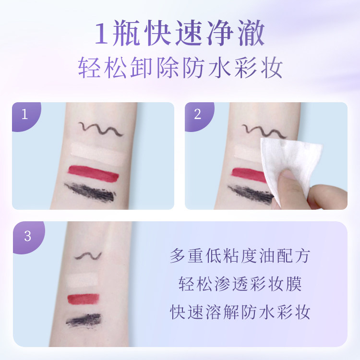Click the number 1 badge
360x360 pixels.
pos(24,114)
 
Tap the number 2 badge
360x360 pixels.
pos(197,114)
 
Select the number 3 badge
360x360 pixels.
pos(27,236)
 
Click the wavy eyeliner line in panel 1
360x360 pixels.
pos(101,128)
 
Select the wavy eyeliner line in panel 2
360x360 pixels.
pos(256,130)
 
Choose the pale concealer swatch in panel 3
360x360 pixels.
pos(84,279)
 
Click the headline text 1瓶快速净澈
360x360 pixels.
pos(180,35)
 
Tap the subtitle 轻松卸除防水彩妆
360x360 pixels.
pos(180,69)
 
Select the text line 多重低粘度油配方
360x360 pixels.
pos(240,255)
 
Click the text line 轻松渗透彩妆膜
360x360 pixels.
pos(240,284)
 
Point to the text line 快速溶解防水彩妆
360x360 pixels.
pos(240,312)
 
